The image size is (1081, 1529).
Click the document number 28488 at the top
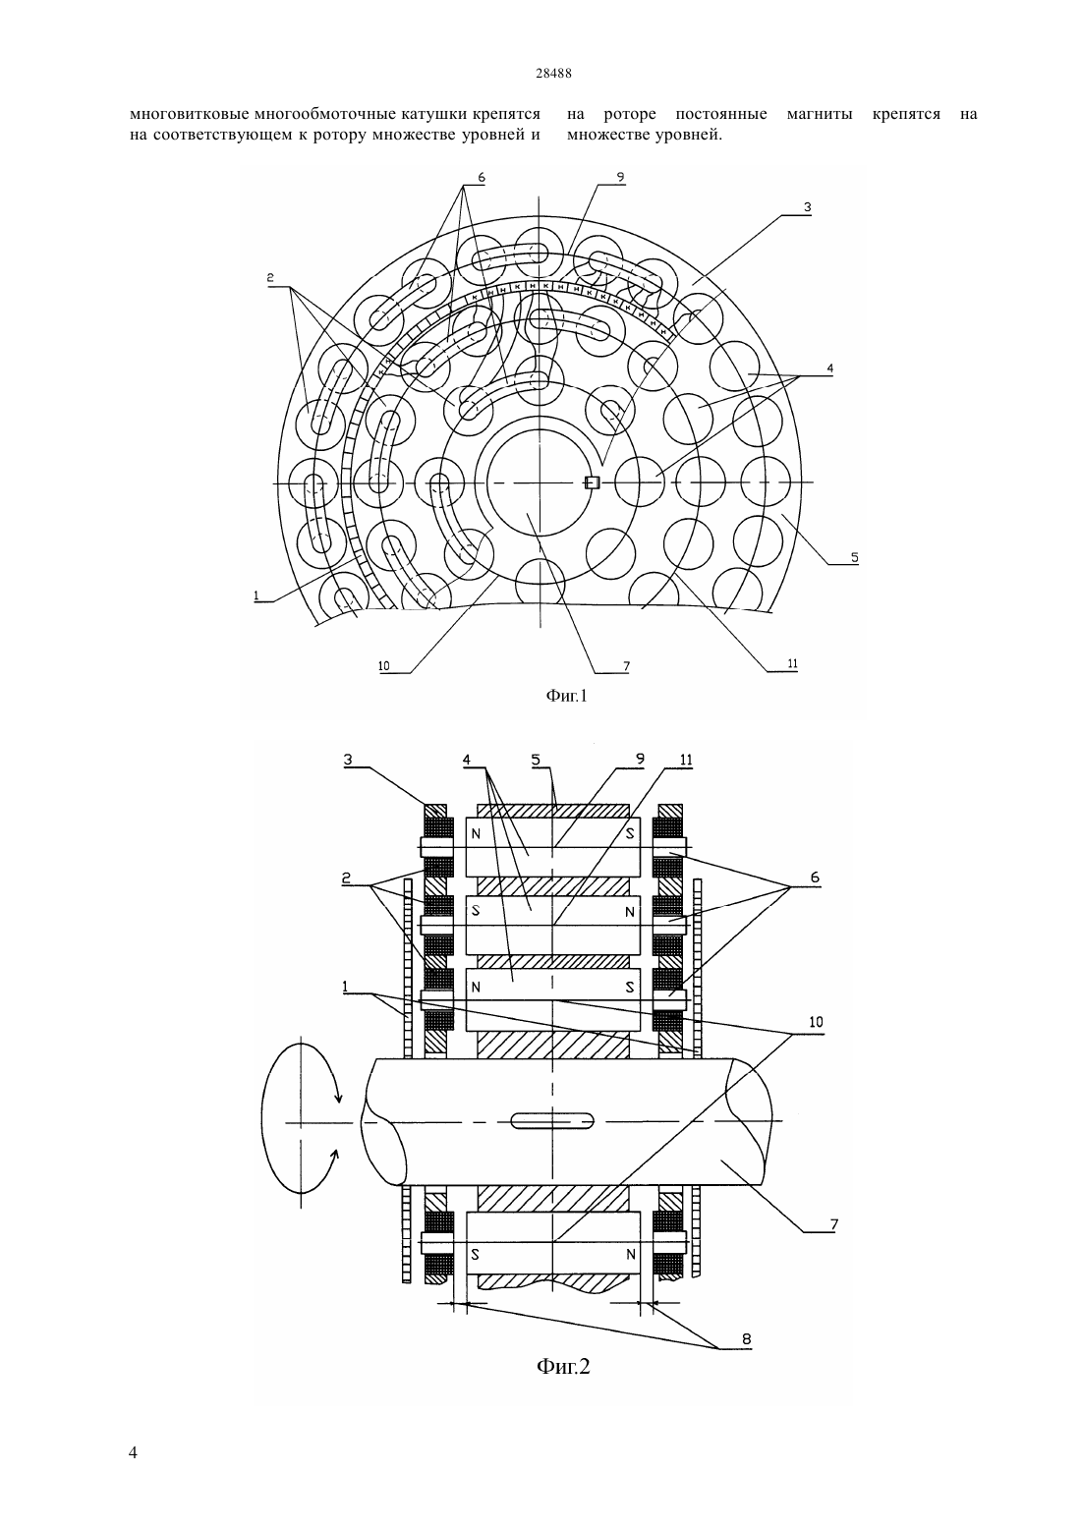[553, 74]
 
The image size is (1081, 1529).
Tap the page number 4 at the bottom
[133, 1452]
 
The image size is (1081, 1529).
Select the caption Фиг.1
[566, 696]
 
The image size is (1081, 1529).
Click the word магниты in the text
[820, 114]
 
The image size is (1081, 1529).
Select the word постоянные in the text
[720, 114]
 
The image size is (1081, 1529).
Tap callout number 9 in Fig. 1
[620, 178]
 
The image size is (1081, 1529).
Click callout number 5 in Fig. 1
[854, 557]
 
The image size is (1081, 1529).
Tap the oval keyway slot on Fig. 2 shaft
[552, 1119]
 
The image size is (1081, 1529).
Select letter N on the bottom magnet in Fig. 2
[631, 1254]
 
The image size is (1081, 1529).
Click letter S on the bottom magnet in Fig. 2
[475, 1254]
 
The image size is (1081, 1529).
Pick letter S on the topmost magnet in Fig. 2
[630, 832]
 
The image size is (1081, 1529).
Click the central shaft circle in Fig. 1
[539, 483]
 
